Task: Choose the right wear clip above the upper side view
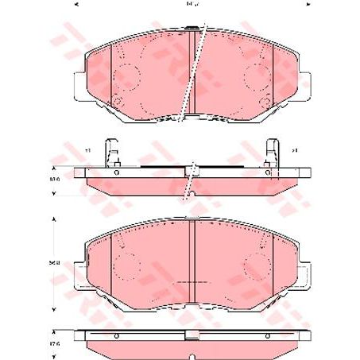tap(271, 152)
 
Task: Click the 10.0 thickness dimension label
tap(55, 180)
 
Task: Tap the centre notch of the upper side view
tap(192, 170)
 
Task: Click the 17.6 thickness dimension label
tap(55, 343)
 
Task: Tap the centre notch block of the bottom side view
tap(192, 335)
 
